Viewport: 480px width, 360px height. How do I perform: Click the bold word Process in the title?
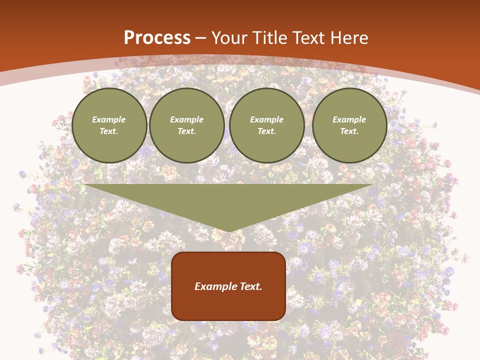click(157, 38)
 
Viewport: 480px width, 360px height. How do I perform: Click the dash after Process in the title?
click(201, 39)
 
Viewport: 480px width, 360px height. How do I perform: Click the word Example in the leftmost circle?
click(109, 119)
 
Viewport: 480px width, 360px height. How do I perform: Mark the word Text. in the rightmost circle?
click(349, 131)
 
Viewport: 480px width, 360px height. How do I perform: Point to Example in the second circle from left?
click(186, 119)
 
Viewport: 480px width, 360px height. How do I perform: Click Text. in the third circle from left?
click(266, 131)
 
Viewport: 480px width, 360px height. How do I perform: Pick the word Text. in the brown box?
click(251, 286)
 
